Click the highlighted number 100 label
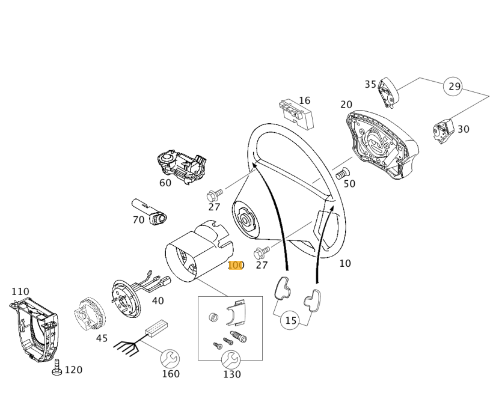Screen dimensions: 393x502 (x=236, y=265)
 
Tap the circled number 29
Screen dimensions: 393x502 (x=455, y=87)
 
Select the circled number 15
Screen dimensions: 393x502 (x=290, y=320)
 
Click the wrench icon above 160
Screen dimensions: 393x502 (x=170, y=359)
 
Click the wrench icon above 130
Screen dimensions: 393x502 (x=231, y=360)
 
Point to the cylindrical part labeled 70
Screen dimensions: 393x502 (x=151, y=211)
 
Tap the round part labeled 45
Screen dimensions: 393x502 (x=89, y=314)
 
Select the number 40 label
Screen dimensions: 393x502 (x=158, y=301)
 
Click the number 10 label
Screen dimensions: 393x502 (x=344, y=263)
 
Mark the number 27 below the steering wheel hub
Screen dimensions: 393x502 (x=261, y=265)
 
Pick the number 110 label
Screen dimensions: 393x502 (x=20, y=291)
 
